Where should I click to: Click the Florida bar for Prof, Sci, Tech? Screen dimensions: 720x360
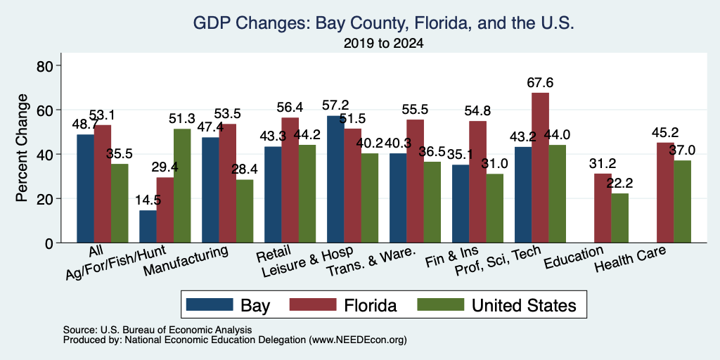coord(540,167)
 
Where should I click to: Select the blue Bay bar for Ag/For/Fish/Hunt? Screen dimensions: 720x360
coord(148,226)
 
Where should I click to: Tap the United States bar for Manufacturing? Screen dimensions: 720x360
coord(244,211)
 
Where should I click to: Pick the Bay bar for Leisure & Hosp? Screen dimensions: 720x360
coord(335,179)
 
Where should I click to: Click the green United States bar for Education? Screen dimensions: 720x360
coord(619,218)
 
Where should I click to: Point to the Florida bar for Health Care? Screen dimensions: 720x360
coord(665,193)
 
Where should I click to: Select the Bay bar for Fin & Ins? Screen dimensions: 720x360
coord(461,203)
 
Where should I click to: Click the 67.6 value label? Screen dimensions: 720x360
coord(540,83)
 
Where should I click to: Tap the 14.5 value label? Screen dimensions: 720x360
coord(148,200)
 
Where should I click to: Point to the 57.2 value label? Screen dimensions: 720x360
coord(335,105)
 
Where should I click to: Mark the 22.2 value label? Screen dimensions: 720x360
coord(619,184)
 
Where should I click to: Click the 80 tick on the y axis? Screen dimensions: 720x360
coord(46,65)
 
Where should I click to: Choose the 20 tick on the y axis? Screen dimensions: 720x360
coord(46,199)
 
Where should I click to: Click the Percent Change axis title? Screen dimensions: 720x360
coord(22,148)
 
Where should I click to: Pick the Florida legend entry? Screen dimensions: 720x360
coord(371,305)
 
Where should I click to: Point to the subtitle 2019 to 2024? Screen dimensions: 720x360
coord(383,44)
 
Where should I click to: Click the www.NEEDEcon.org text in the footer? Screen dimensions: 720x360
coord(358,340)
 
